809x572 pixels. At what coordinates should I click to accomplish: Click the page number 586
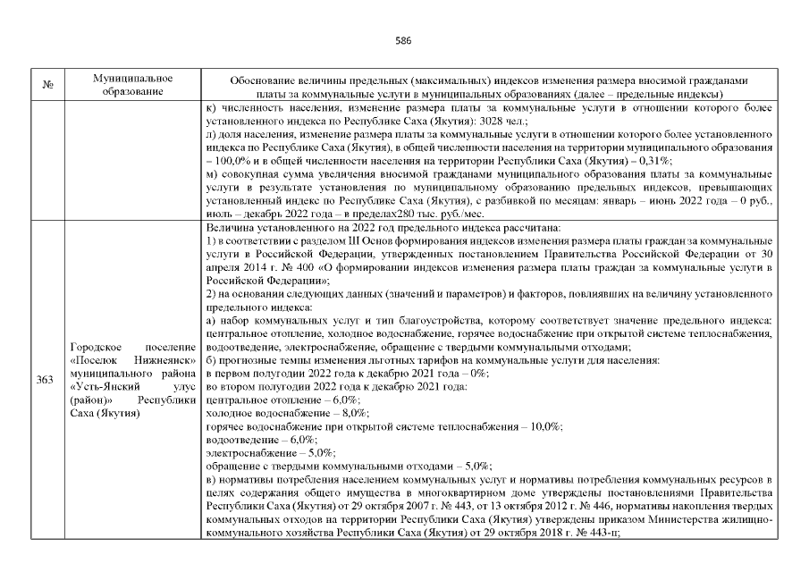[403, 39]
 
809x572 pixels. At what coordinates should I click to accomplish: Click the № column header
[46, 86]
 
